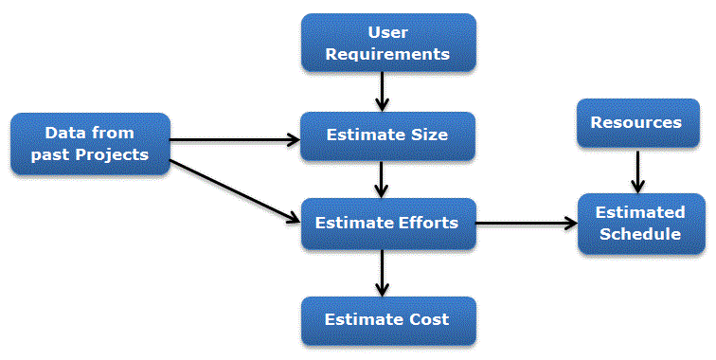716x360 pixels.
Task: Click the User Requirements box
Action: [x=387, y=44]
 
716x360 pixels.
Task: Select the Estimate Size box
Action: [x=387, y=135]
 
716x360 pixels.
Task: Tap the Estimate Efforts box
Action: [x=387, y=224]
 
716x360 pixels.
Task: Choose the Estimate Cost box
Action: [x=387, y=319]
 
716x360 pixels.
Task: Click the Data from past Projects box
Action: [x=90, y=143]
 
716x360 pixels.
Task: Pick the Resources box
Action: [x=635, y=123]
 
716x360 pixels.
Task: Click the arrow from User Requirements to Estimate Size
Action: [x=382, y=91]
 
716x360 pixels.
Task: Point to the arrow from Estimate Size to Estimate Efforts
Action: [x=382, y=179]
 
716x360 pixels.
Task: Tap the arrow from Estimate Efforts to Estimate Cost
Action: [x=382, y=273]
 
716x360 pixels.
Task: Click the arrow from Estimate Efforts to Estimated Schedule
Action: [x=526, y=225]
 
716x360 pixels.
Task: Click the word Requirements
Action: [x=387, y=54]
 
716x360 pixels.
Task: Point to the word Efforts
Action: [x=427, y=224]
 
